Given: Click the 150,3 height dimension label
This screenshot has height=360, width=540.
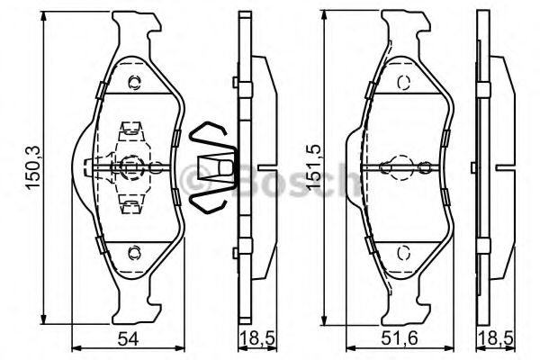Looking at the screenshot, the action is coord(34,167).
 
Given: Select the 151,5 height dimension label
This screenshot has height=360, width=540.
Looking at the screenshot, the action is coord(314,167).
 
